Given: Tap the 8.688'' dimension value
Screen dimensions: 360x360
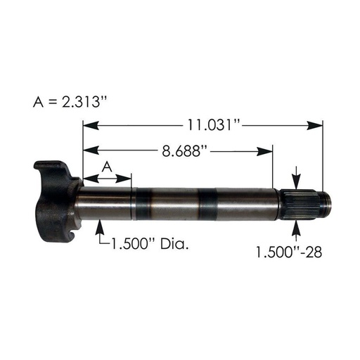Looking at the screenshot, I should [177, 150].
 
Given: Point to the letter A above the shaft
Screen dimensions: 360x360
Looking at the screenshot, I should [107, 165].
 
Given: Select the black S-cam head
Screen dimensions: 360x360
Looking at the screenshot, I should [55, 201].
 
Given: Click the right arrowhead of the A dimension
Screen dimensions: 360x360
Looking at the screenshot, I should [127, 179].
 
